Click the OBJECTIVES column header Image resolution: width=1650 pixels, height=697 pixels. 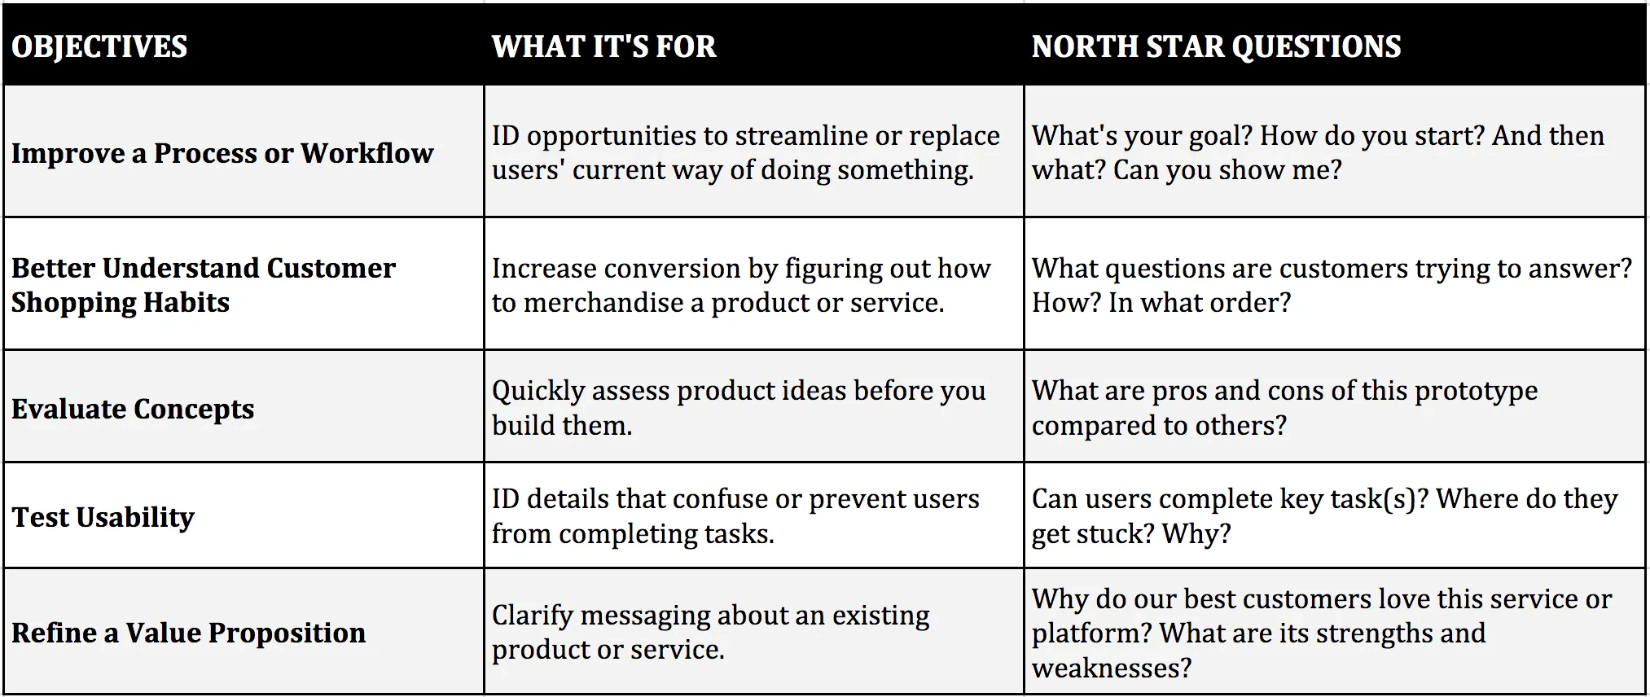[99, 46]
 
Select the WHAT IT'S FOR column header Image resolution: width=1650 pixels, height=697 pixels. [603, 46]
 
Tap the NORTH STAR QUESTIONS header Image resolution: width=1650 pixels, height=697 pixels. [1216, 46]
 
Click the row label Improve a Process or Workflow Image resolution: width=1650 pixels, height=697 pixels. [222, 153]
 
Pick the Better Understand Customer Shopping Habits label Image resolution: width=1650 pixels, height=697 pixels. [203, 285]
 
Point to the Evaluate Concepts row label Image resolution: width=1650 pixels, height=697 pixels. [133, 408]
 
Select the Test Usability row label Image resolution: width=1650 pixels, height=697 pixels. [103, 517]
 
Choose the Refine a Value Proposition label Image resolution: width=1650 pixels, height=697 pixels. [188, 633]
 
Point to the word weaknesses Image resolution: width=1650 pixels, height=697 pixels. [1111, 669]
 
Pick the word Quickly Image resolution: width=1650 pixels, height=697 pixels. [538, 392]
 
